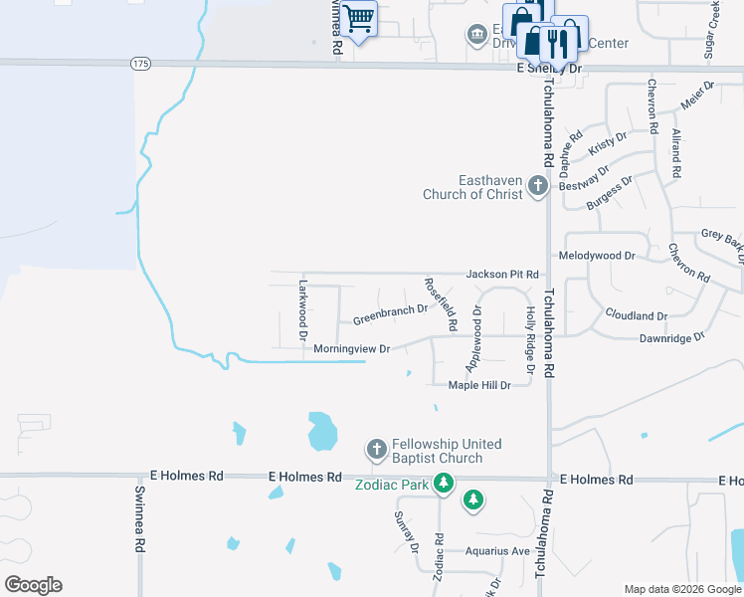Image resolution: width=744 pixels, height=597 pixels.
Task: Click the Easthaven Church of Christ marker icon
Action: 538,185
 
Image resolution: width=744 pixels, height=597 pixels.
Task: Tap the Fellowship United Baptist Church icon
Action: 377,450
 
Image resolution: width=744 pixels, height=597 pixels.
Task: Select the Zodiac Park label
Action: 392,485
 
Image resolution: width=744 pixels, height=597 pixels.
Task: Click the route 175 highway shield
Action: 141,63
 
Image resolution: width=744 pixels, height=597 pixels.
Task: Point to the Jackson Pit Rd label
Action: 502,274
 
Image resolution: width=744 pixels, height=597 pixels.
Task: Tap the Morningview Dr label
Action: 351,349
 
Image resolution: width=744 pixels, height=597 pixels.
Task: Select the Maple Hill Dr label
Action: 479,385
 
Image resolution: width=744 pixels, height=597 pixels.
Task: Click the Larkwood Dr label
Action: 304,308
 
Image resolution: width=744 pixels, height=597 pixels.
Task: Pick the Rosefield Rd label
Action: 441,303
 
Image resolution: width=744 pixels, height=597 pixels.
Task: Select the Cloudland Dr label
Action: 637,315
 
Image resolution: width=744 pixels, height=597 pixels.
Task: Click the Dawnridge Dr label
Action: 671,337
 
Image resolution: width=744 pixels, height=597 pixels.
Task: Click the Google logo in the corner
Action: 33,585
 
